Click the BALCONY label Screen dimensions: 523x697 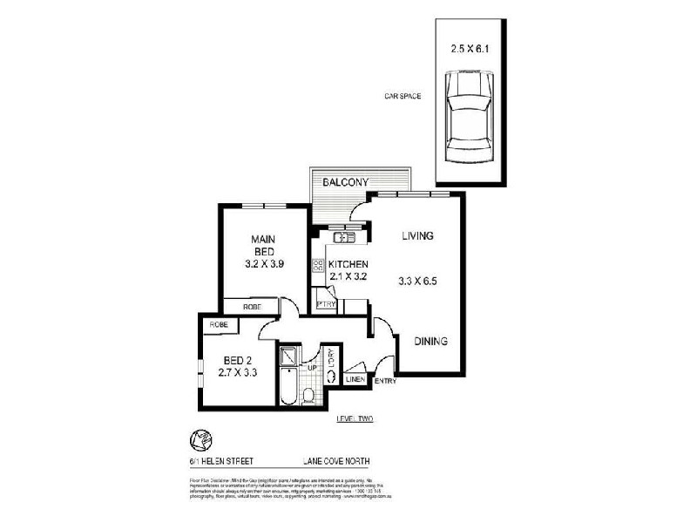[x=347, y=182]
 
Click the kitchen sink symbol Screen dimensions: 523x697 [x=344, y=236]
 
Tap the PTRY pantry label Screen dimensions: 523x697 [x=326, y=304]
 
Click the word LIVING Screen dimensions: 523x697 [x=418, y=236]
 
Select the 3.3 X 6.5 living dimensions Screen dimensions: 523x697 [x=418, y=281]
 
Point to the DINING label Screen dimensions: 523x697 [x=430, y=342]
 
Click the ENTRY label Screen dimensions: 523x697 [x=385, y=381]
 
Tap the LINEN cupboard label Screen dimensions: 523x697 [x=355, y=380]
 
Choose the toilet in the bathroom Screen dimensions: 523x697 [x=308, y=397]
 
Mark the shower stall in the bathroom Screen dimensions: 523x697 [x=288, y=357]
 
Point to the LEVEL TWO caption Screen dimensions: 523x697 [x=355, y=420]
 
